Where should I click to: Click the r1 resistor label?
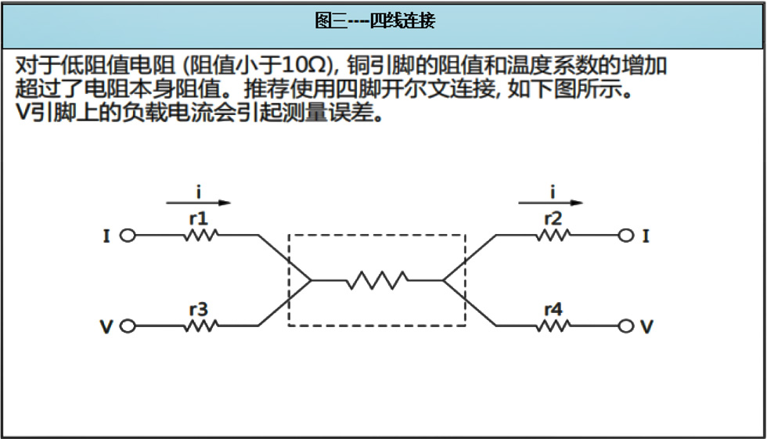click(x=199, y=218)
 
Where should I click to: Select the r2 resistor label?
click(x=553, y=218)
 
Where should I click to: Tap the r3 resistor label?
click(x=199, y=309)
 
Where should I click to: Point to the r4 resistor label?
click(x=553, y=309)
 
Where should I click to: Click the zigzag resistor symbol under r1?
click(x=201, y=236)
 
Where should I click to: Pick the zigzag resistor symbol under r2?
click(x=553, y=236)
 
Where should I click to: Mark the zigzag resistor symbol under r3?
click(x=201, y=326)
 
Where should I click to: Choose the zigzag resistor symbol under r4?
click(x=553, y=326)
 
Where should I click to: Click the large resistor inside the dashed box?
click(x=377, y=281)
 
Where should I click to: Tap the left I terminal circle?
click(x=128, y=236)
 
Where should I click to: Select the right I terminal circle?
click(x=626, y=236)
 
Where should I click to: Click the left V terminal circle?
click(x=128, y=326)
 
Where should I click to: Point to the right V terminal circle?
click(x=626, y=326)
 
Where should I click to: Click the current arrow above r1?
click(x=199, y=203)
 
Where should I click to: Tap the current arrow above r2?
click(x=551, y=203)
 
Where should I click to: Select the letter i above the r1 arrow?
click(x=199, y=192)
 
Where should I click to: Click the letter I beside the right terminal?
click(x=646, y=236)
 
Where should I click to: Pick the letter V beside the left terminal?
click(x=106, y=326)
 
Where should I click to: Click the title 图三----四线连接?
click(x=375, y=20)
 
